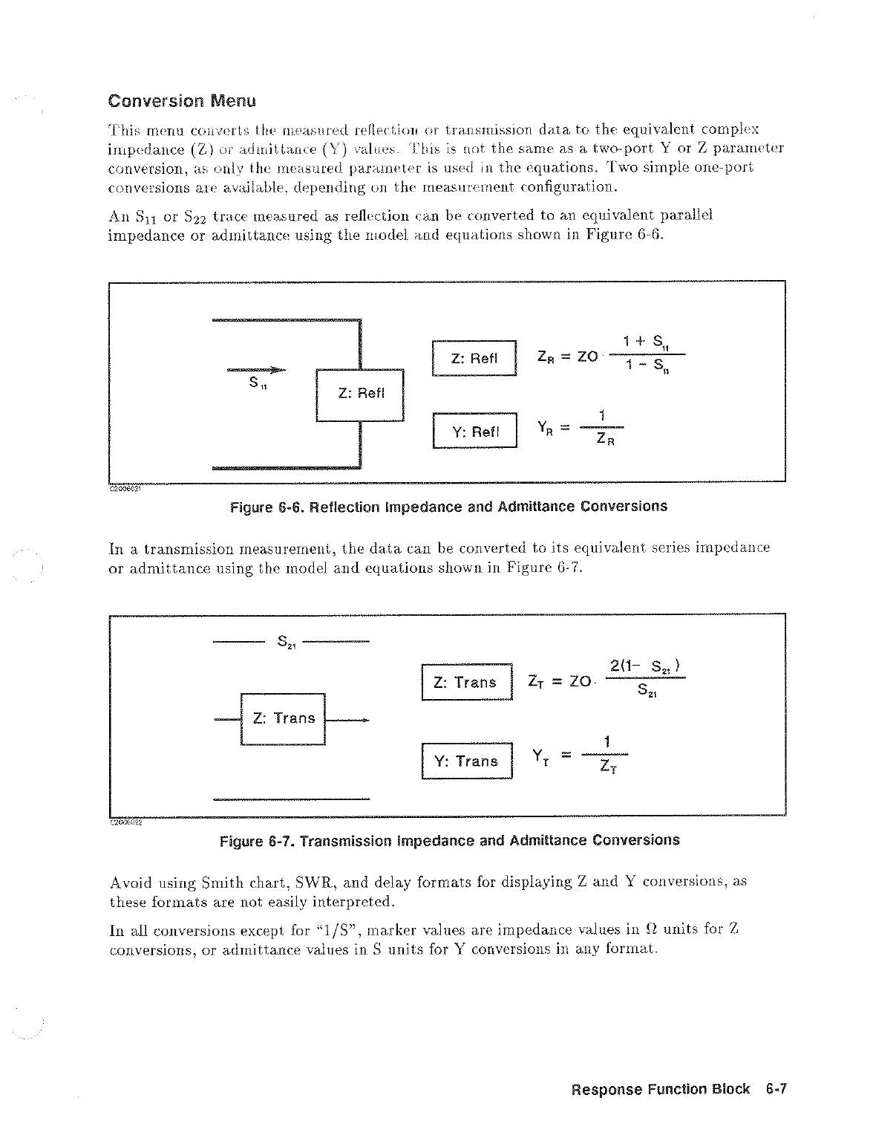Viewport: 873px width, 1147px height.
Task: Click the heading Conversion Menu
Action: click(182, 100)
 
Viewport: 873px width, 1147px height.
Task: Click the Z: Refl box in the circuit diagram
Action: click(360, 394)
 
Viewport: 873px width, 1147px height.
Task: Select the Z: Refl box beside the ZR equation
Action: click(474, 359)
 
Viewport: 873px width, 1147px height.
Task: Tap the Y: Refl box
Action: click(474, 431)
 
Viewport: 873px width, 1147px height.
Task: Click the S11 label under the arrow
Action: click(258, 383)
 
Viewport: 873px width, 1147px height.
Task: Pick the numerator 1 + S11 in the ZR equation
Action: click(647, 342)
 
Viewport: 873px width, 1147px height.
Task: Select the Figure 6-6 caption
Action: click(448, 507)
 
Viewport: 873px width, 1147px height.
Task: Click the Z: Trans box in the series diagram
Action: click(284, 718)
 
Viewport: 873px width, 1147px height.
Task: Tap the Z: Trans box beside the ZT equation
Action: click(466, 682)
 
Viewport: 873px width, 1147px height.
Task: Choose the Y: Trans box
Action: click(466, 761)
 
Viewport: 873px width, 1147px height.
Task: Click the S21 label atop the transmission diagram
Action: click(287, 641)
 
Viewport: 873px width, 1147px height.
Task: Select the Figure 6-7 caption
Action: click(449, 840)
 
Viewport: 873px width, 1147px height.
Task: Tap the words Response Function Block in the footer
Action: click(660, 1090)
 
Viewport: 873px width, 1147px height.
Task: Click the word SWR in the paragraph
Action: click(315, 883)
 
